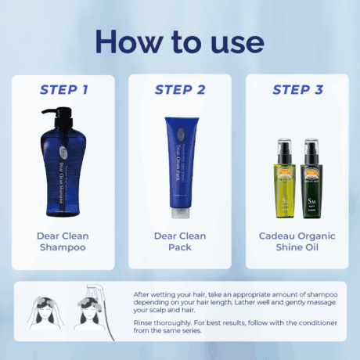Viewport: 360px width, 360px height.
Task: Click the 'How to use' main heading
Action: [180, 41]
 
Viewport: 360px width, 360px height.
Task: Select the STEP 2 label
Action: [180, 89]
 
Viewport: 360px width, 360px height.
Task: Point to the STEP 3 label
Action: [297, 89]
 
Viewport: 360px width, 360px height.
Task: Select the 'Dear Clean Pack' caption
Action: [180, 241]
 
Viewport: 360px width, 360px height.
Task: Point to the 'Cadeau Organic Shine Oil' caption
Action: [297, 241]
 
